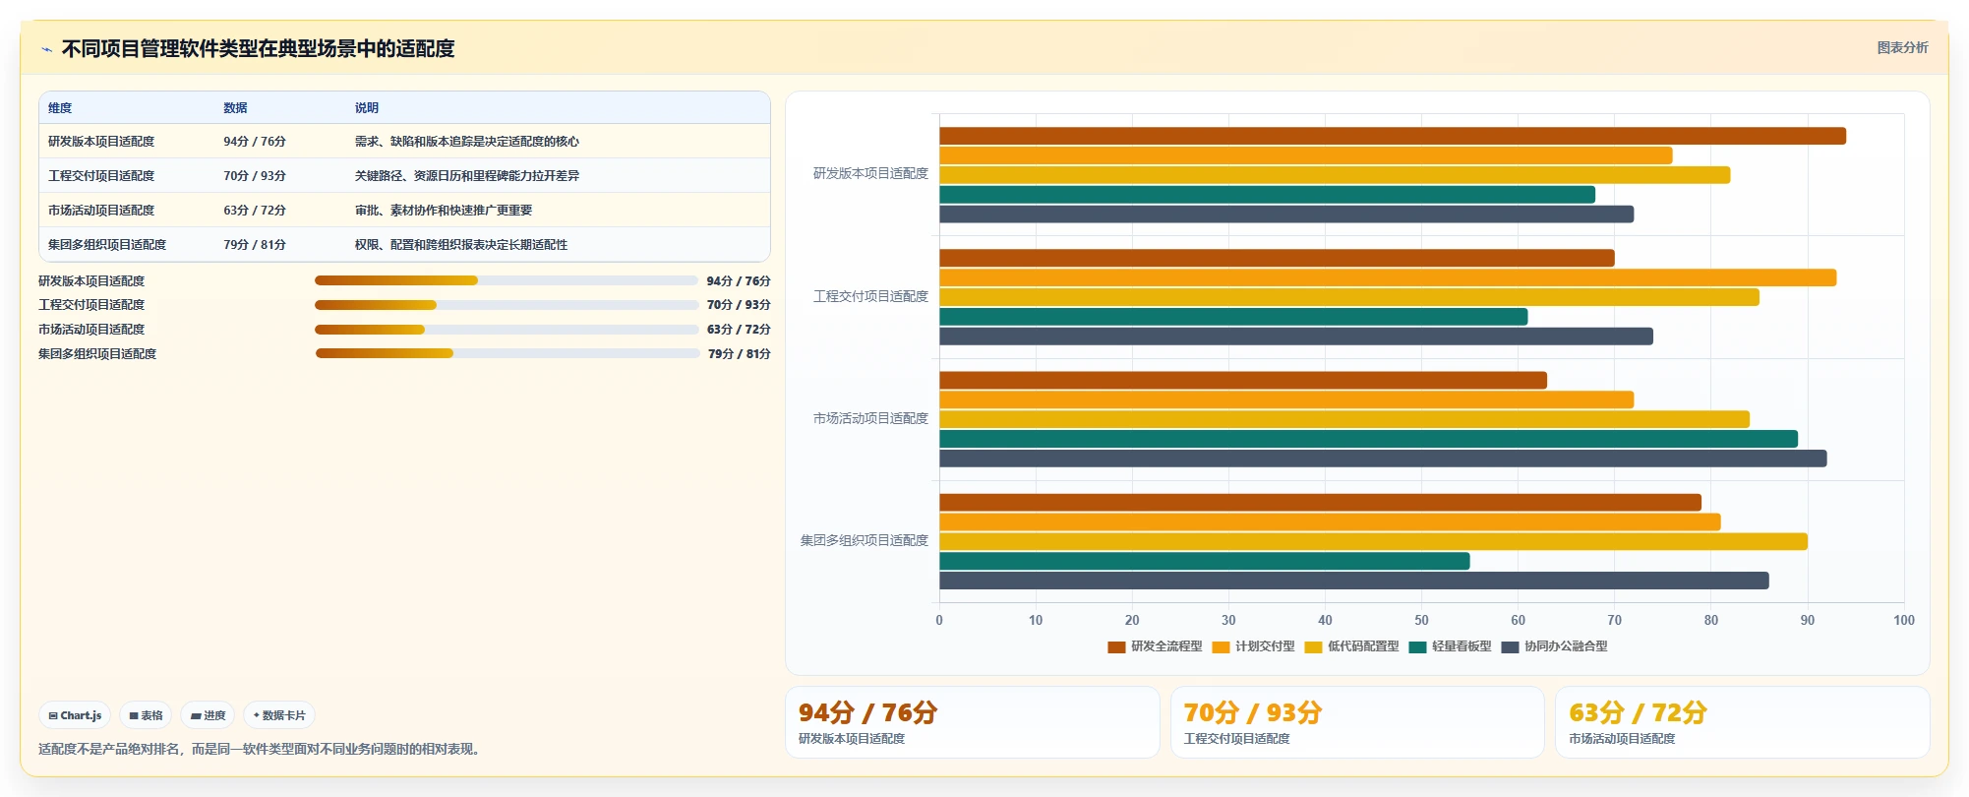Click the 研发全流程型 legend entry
tap(1155, 646)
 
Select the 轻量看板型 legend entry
tap(1450, 646)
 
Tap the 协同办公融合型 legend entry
tap(1555, 646)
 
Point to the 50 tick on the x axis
tap(1421, 620)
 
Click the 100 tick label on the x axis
tap(1903, 620)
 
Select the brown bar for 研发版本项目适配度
tap(1393, 136)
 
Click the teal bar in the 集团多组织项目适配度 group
tap(1205, 561)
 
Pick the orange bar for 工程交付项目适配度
tap(1388, 277)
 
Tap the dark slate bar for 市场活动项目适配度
tap(1383, 459)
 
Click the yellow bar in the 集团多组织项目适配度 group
tap(1373, 541)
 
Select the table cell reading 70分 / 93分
tap(255, 176)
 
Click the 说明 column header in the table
tap(367, 108)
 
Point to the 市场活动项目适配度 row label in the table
tap(101, 211)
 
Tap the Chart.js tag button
tap(75, 715)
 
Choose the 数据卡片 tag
tap(279, 715)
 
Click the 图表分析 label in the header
tap(1902, 47)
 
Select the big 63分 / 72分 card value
tap(1638, 712)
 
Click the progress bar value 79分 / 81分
tap(740, 354)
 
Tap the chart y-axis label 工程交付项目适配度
tap(870, 296)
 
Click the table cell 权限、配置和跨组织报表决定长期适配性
tap(461, 245)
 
